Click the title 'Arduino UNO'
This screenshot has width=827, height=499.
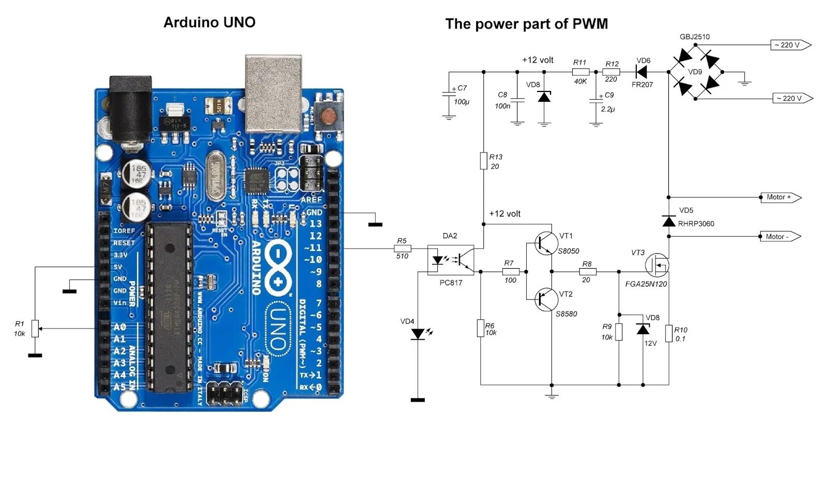pyautogui.click(x=209, y=22)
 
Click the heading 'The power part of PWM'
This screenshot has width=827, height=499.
pyautogui.click(x=526, y=24)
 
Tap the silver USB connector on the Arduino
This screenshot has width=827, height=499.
pyautogui.click(x=273, y=93)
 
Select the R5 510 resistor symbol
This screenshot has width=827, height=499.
pyautogui.click(x=402, y=248)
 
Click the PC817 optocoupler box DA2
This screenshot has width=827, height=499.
pyautogui.click(x=451, y=260)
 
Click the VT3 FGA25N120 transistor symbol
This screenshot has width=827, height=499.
pyautogui.click(x=657, y=265)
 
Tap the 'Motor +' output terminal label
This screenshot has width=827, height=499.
pyautogui.click(x=780, y=197)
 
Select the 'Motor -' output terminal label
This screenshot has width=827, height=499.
pyautogui.click(x=779, y=237)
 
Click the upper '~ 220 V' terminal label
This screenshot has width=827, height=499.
pyautogui.click(x=789, y=45)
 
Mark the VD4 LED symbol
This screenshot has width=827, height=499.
pyautogui.click(x=418, y=334)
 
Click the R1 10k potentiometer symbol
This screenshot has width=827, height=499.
pyautogui.click(x=35, y=329)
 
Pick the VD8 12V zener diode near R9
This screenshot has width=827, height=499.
pyautogui.click(x=643, y=330)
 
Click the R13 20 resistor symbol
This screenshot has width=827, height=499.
pyautogui.click(x=483, y=161)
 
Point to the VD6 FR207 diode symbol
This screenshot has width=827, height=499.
pyautogui.click(x=641, y=72)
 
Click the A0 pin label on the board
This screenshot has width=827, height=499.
pyautogui.click(x=119, y=327)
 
